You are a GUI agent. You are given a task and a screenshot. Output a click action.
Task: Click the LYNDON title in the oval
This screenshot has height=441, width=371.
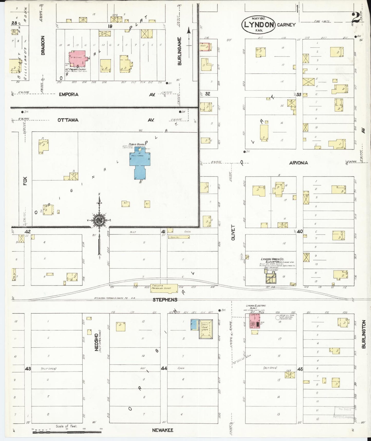(x=259, y=25)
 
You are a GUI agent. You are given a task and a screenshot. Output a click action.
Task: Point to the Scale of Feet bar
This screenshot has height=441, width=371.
(x=67, y=433)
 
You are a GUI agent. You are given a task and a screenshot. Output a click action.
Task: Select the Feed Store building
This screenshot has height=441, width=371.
(x=206, y=329)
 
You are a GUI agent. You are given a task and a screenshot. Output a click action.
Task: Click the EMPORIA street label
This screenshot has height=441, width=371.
(x=69, y=94)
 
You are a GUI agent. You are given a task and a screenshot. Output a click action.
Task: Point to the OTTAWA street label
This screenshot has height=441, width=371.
(x=68, y=120)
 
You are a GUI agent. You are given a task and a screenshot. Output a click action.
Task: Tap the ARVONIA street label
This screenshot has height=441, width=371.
(x=298, y=163)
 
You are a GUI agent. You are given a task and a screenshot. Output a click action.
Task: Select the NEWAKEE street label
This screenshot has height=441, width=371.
(x=163, y=430)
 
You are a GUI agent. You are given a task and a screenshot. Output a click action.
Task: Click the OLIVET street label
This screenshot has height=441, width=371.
(x=233, y=232)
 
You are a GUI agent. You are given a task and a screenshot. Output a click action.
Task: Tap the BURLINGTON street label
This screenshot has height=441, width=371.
(x=364, y=334)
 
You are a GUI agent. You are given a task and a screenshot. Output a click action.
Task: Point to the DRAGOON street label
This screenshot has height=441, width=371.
(x=43, y=45)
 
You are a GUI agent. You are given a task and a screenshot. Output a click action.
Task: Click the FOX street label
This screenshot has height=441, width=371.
(x=25, y=181)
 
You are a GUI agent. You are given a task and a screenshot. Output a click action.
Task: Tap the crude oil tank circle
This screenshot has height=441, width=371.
(x=277, y=317)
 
